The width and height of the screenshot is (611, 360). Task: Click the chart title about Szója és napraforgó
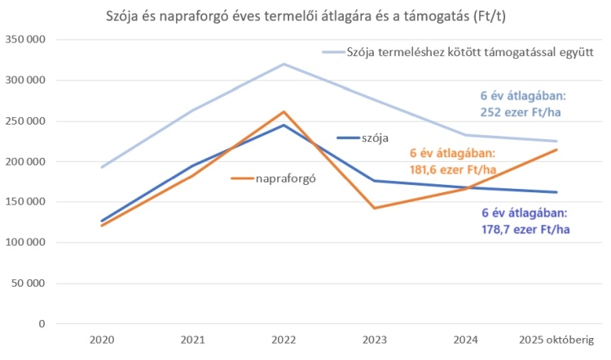(305, 16)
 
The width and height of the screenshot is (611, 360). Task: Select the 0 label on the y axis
(41, 324)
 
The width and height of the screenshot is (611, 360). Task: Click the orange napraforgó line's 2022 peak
(284, 112)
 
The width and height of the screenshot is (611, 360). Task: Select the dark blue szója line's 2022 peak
(284, 125)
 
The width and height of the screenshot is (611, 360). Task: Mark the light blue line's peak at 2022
(284, 64)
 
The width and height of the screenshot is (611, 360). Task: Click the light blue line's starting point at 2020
(102, 167)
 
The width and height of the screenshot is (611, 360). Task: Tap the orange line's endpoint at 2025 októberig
(558, 149)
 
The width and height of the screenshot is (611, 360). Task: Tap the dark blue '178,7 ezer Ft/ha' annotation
(525, 229)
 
